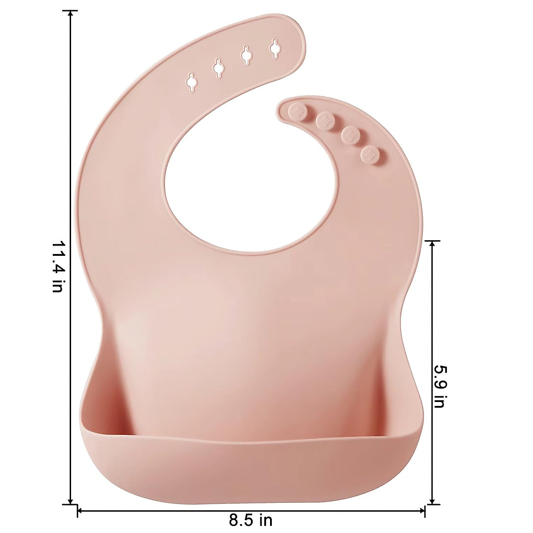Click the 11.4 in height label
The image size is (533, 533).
tap(58, 266)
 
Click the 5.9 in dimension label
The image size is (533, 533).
tap(439, 387)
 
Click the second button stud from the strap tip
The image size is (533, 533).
tap(325, 119)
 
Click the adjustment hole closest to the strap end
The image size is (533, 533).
tap(275, 48)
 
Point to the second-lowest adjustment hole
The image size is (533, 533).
tap(219, 68)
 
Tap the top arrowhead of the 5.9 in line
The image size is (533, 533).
tap(432, 244)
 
